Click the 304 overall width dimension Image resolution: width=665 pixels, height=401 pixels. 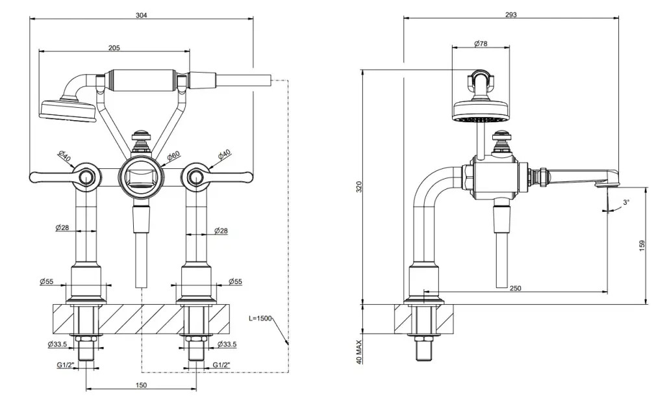click(x=141, y=14)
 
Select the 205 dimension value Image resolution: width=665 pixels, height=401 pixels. click(x=114, y=47)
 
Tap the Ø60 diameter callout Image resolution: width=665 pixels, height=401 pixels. click(x=173, y=157)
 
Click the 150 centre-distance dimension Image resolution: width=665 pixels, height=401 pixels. click(x=142, y=385)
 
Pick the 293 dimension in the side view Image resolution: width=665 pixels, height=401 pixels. click(x=510, y=14)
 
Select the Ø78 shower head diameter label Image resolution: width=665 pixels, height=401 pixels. click(x=481, y=43)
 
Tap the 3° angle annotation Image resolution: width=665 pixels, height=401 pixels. click(x=625, y=203)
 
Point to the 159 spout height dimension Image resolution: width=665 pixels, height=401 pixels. click(x=642, y=245)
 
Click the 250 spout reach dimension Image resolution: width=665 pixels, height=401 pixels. click(x=516, y=287)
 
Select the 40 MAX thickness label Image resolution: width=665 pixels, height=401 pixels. click(x=358, y=352)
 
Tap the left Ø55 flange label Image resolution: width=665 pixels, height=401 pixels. click(x=46, y=282)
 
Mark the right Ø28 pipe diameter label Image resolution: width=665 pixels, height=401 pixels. click(x=220, y=231)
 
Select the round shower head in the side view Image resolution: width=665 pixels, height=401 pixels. click(x=481, y=111)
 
